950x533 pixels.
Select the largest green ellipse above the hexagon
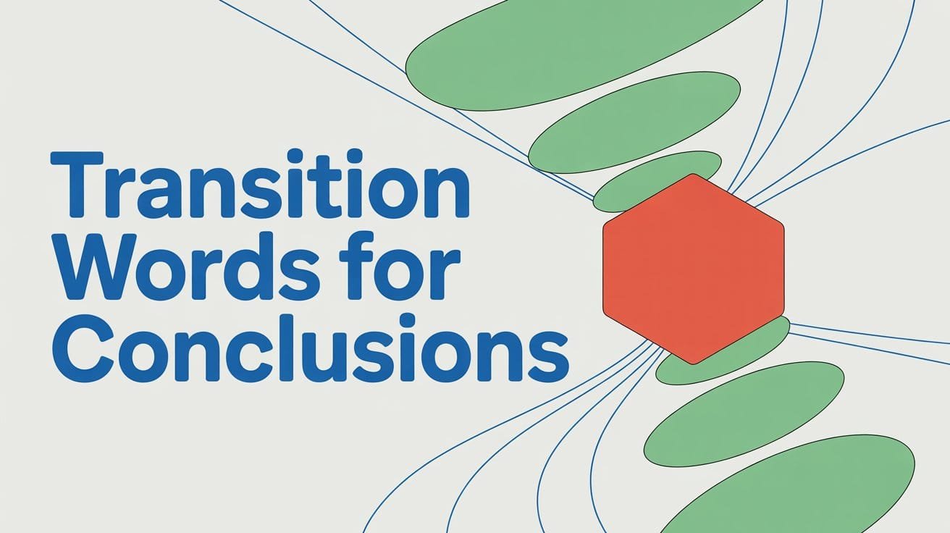[572, 54]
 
